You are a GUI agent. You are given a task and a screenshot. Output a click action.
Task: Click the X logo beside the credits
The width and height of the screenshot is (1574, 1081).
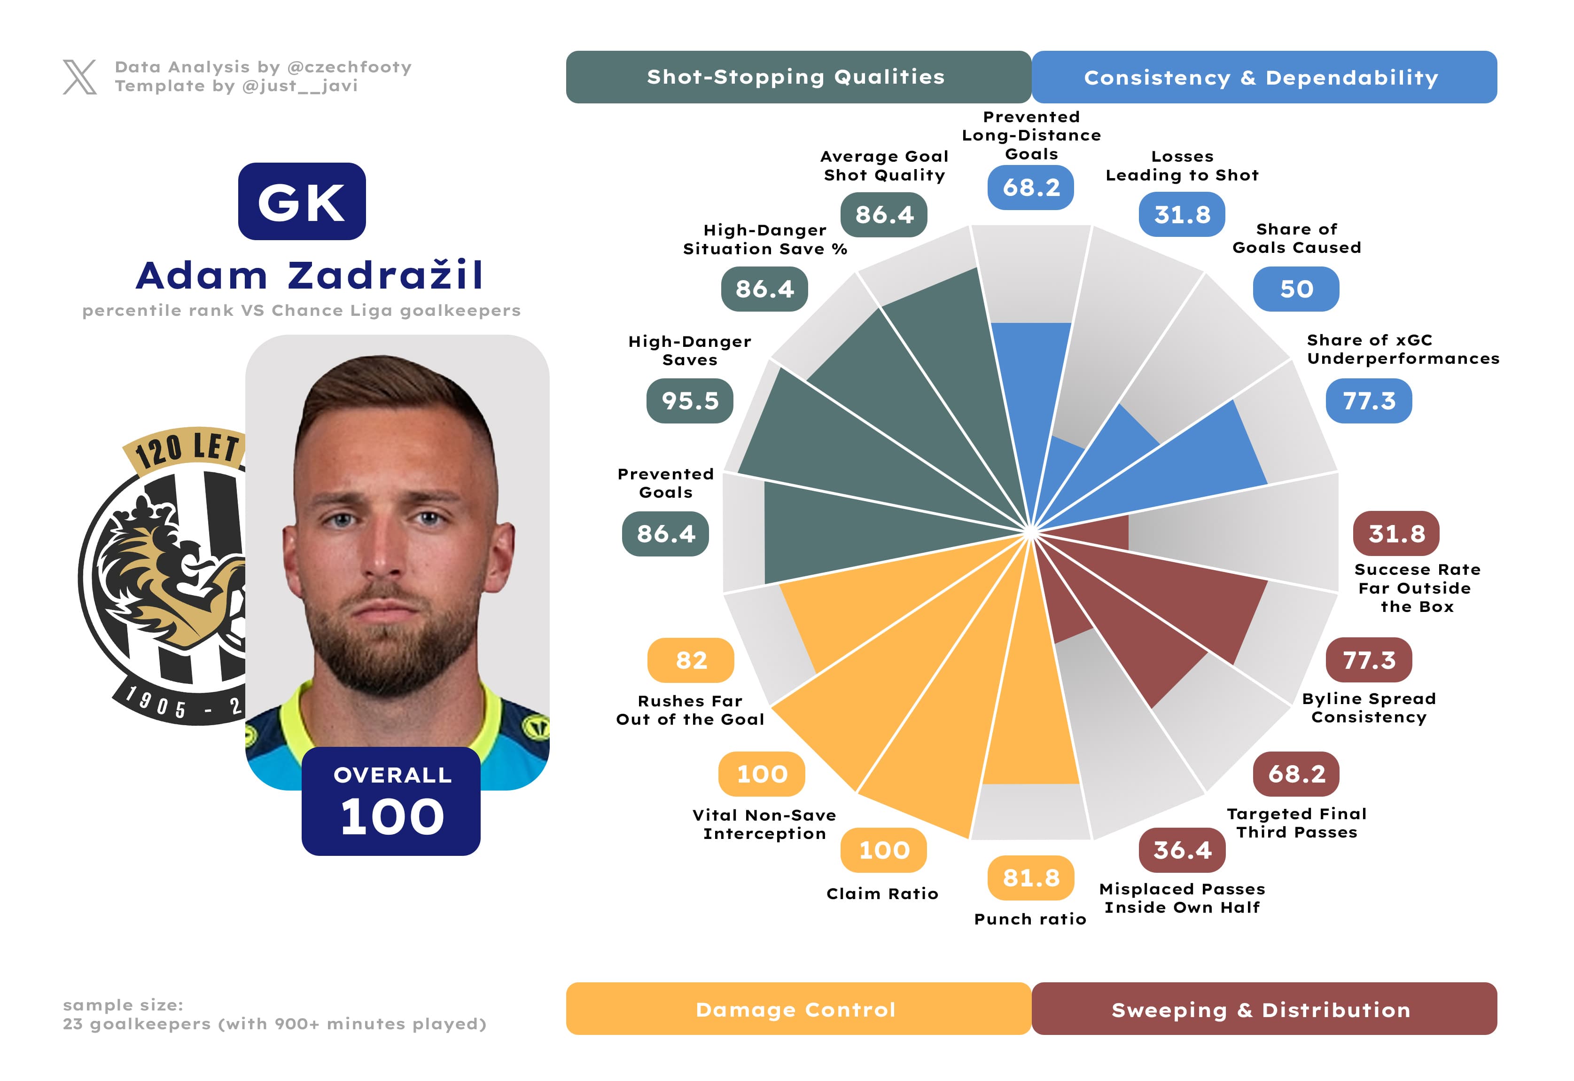click(79, 77)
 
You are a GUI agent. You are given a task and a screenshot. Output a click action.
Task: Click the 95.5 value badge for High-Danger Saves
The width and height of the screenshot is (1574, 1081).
click(689, 400)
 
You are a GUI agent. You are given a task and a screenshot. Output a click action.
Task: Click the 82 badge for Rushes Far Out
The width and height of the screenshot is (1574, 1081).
click(690, 660)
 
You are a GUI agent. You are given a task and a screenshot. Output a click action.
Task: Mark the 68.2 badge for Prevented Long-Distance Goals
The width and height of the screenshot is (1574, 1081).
click(1030, 187)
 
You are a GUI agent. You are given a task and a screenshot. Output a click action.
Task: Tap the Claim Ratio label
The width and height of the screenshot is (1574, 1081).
click(882, 893)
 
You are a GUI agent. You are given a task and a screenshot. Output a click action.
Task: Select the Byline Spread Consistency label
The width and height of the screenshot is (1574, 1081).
click(1368, 707)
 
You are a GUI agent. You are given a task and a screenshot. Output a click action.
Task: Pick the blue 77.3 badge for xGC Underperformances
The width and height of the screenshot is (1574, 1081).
click(1368, 400)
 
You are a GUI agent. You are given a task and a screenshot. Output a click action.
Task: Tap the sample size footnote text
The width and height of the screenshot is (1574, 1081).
click(274, 1014)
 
